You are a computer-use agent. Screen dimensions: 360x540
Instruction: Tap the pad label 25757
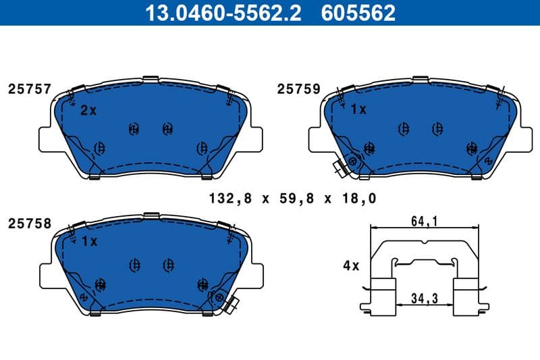pos(29,89)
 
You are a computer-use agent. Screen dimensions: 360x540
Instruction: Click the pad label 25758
pos(29,223)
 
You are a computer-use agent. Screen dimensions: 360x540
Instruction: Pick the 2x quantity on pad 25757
pos(88,111)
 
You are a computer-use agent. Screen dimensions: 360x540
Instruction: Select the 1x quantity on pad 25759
pos(358,109)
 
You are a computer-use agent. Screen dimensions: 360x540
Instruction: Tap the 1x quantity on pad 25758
pos(88,241)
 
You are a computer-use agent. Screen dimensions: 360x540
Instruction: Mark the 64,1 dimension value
pos(423,220)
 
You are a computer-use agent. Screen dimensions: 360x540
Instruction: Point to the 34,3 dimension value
pos(423,297)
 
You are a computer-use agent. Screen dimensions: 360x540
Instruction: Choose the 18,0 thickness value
pos(359,199)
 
